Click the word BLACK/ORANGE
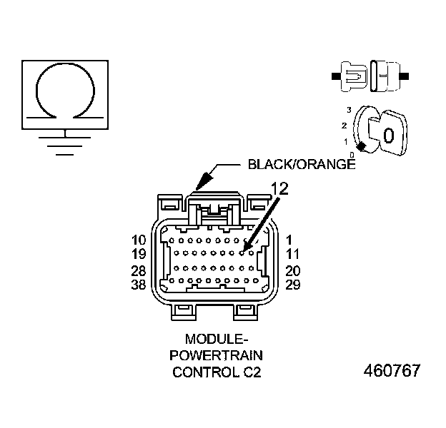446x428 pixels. tap(301, 164)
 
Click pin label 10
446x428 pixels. tap(139, 240)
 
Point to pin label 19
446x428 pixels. tap(139, 254)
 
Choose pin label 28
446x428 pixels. tap(139, 271)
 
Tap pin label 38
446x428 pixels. tap(139, 285)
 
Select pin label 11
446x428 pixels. tap(293, 254)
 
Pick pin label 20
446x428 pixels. tap(293, 271)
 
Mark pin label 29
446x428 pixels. tap(293, 285)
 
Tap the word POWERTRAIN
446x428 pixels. tap(212, 355)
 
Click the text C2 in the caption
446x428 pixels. tap(243, 372)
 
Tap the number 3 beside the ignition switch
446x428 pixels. tap(348, 109)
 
